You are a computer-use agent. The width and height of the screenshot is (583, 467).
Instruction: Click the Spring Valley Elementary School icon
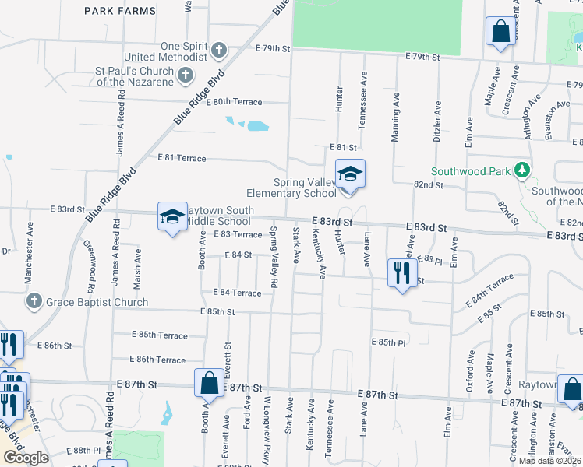tap(350, 174)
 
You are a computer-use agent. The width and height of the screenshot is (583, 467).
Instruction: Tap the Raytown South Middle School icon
tap(171, 216)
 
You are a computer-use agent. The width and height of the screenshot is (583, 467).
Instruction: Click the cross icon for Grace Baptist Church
tap(34, 301)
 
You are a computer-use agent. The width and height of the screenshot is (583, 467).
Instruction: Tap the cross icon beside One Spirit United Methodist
tap(219, 51)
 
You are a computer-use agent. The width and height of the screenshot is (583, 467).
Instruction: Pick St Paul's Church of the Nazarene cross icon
tap(185, 75)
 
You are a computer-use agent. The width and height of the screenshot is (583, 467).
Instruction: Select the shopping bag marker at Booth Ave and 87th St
tap(209, 383)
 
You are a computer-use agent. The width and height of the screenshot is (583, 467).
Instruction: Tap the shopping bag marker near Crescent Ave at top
tap(500, 32)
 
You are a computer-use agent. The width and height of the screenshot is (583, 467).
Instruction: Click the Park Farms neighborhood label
tap(119, 11)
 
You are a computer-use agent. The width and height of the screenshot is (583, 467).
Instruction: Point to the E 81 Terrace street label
tap(182, 158)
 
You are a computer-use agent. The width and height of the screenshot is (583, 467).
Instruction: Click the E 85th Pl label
tap(389, 342)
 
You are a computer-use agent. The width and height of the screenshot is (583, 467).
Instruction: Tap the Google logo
tap(26, 458)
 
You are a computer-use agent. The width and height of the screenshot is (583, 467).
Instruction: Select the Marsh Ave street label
tap(137, 266)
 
